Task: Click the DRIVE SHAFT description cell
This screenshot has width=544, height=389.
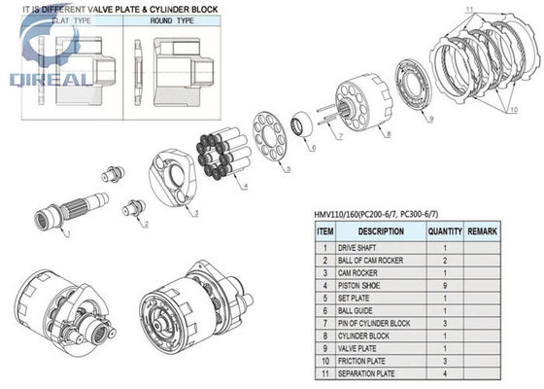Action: tap(357, 248)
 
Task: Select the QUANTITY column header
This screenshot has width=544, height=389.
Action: tap(445, 231)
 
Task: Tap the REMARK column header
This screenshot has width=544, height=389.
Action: tap(482, 231)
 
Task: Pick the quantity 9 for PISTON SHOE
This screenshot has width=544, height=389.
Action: tap(445, 286)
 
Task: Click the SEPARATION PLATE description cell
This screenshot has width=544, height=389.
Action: tap(366, 373)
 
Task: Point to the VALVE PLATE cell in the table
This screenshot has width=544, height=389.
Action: tap(357, 348)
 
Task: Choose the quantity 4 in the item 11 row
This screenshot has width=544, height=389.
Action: tap(445, 373)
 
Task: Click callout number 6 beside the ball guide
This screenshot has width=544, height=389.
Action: tap(313, 148)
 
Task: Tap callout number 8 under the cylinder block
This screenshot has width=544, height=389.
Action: tap(389, 134)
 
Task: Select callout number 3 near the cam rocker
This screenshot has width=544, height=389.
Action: tap(196, 213)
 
